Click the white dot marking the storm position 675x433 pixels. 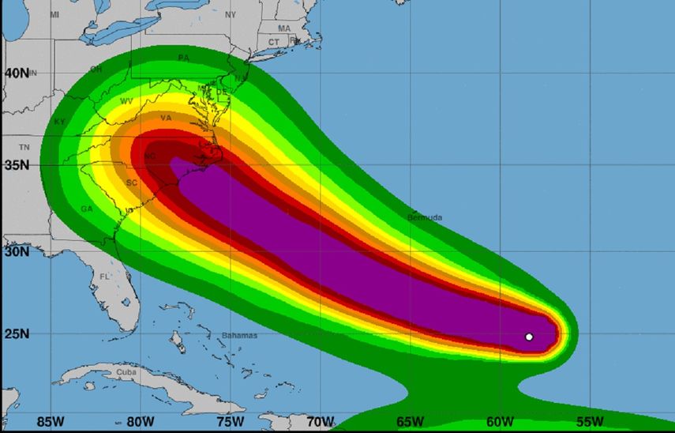point(529,337)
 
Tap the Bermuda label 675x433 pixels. point(425,217)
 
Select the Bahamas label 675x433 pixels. point(240,336)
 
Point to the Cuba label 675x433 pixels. point(126,372)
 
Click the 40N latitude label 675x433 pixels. point(17,73)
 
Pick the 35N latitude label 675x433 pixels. point(17,165)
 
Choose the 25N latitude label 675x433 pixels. point(17,335)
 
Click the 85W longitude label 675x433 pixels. point(50,420)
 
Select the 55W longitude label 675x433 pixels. point(590,420)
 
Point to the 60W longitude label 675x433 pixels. point(500,420)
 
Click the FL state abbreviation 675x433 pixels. point(105,277)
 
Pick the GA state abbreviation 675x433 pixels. point(86,209)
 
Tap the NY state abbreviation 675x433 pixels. point(231,15)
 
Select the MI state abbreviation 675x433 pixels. point(54,15)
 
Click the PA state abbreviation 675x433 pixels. point(184,58)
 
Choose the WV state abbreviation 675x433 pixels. point(126,101)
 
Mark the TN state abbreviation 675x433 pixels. point(24,148)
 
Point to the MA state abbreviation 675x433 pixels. point(283,28)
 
